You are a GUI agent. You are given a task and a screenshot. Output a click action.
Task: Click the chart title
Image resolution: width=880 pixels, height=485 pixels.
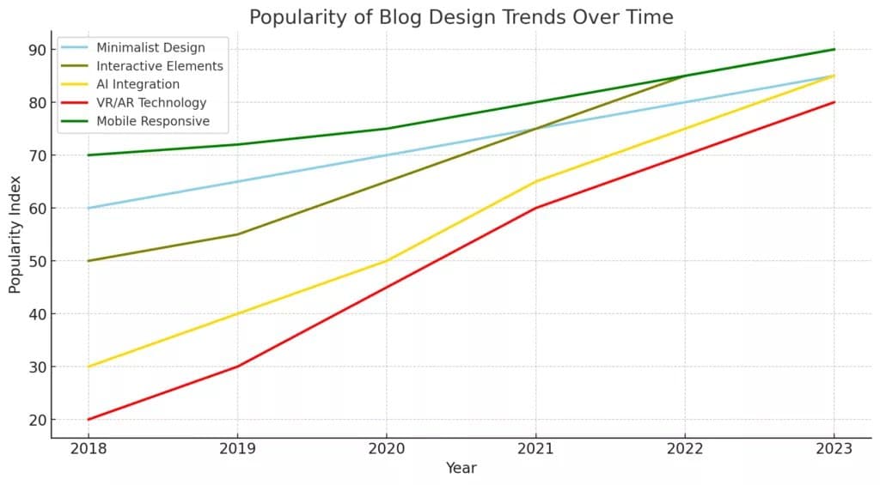point(461,17)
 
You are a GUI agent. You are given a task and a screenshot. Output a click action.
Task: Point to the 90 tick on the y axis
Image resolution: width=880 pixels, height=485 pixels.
point(37,50)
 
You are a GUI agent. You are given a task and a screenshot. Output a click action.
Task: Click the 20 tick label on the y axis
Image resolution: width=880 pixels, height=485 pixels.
point(37,420)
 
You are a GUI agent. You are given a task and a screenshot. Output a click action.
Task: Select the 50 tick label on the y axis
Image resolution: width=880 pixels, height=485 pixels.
point(37,261)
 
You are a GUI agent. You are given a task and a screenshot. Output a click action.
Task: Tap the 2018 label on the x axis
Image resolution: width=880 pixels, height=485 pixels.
point(89,449)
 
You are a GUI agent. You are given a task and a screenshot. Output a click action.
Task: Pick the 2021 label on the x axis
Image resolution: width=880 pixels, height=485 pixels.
point(535,449)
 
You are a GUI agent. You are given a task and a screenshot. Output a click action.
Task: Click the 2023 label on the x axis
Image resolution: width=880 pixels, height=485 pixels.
point(834,449)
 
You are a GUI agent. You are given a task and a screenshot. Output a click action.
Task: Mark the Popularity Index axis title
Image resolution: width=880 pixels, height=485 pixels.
point(15,234)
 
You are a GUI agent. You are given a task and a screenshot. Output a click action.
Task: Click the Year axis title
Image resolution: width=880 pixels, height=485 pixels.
point(461,468)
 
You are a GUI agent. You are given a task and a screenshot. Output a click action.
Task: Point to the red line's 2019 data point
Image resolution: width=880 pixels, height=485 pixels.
point(237,367)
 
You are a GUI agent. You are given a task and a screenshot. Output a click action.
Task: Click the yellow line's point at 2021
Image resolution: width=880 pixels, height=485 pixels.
point(535,182)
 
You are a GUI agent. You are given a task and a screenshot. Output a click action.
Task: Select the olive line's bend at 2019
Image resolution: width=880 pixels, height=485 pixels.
point(237,234)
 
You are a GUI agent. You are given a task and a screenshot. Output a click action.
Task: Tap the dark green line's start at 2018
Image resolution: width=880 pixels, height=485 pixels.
point(89,155)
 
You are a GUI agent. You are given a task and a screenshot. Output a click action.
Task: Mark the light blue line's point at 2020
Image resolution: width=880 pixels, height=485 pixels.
point(387,155)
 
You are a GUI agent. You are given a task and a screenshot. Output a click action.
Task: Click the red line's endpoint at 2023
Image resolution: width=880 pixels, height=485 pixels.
point(834,102)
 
